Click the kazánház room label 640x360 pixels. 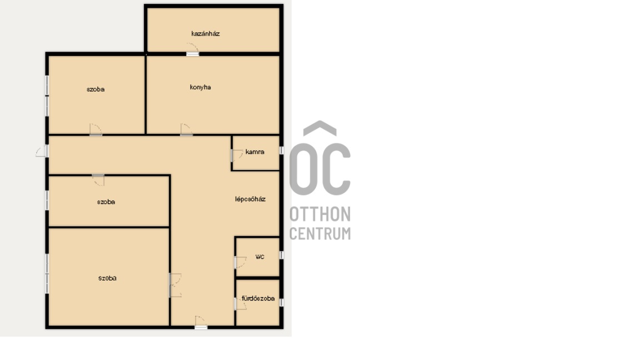coord(206,34)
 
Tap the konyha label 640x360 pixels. coord(201,87)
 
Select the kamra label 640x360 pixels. coord(254,152)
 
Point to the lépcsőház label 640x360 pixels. coord(250,199)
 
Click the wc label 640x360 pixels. coord(259,257)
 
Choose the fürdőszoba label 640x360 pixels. coord(258,298)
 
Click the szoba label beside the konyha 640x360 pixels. coord(96,89)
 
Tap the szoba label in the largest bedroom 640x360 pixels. coord(107,278)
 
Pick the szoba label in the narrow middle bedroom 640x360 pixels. coord(106,202)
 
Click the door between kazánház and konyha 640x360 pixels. coord(193,49)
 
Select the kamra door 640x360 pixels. coord(237,155)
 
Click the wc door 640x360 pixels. coord(241,262)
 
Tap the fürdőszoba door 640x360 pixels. coord(241,303)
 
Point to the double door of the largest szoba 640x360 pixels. coord(176,286)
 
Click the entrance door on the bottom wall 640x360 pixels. coord(201,322)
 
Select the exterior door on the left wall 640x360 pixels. coord(42,151)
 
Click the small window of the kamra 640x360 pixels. coord(281,150)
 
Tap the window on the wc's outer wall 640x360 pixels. coord(281,255)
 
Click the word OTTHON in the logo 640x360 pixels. coord(320,214)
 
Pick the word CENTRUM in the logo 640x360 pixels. coord(320,233)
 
